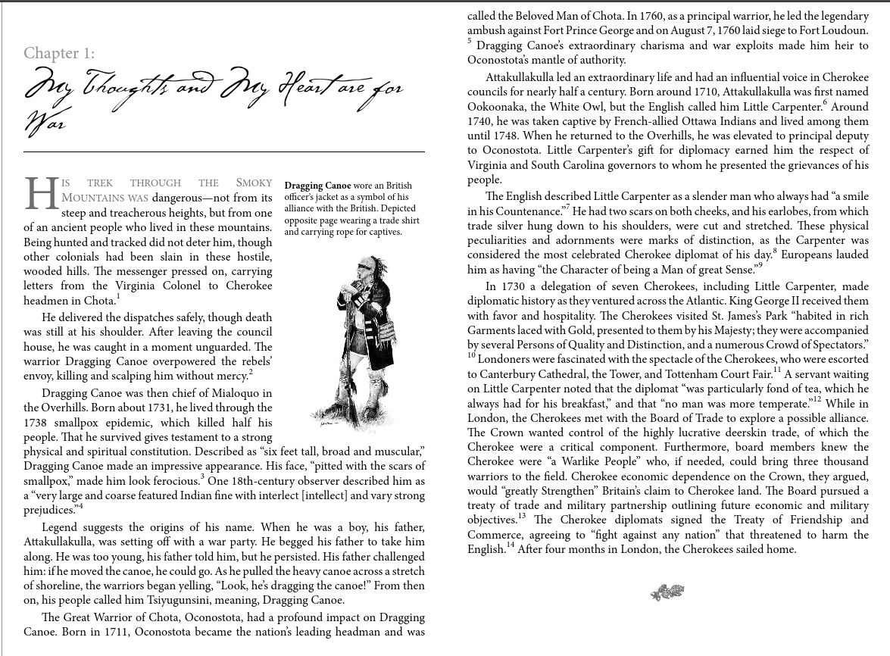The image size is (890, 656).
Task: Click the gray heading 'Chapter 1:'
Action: point(59,53)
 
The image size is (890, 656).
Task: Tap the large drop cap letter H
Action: point(41,195)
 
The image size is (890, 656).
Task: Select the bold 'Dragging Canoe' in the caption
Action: point(317,186)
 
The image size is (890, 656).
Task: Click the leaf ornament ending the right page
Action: point(667,592)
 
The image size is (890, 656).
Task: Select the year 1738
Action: point(39,423)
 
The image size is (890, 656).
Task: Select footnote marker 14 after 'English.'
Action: point(511,545)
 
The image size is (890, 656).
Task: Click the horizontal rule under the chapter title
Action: point(224,152)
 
